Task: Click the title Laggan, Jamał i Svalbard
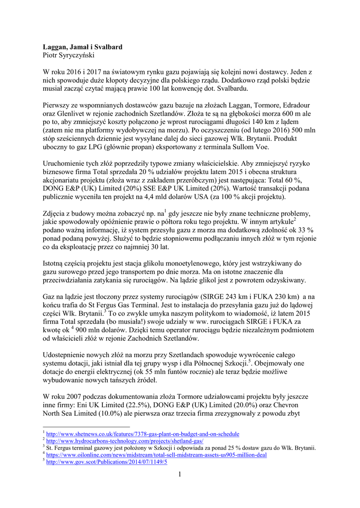point(82,47)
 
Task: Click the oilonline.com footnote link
point(156,455)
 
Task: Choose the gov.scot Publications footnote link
point(107,462)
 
